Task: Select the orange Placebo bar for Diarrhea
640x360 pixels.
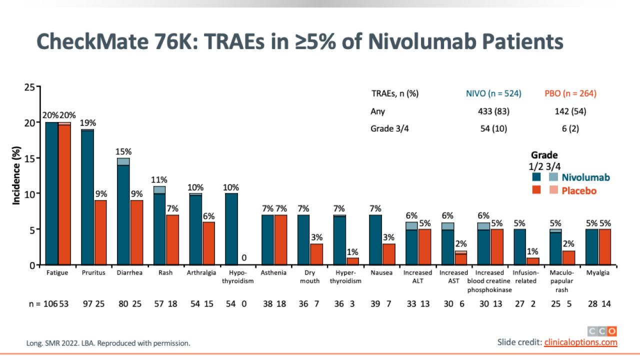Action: click(136, 232)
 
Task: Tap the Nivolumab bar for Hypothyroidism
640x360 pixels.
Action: click(231, 229)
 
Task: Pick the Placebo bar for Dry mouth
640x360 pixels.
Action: click(316, 254)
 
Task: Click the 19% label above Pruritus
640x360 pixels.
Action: click(88, 123)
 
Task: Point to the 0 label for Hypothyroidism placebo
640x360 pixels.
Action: click(244, 258)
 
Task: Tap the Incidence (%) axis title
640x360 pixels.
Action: click(16, 175)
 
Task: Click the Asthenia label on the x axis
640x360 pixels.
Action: click(273, 273)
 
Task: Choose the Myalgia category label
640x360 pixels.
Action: click(598, 273)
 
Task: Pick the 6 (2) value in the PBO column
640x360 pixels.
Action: click(570, 128)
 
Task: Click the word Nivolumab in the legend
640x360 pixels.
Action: click(585, 177)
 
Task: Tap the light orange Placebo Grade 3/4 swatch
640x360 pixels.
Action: click(553, 190)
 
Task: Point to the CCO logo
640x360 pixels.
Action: click(602, 331)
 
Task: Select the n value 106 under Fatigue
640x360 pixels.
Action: click(51, 303)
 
